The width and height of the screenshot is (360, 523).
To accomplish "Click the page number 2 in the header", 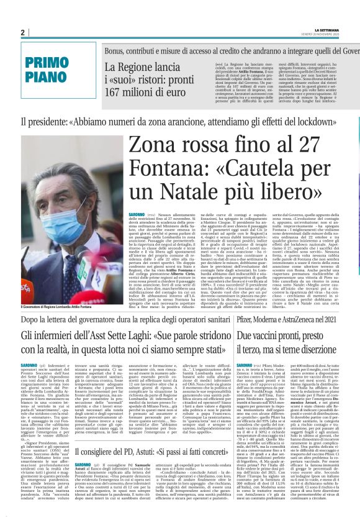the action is [x=22, y=32].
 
